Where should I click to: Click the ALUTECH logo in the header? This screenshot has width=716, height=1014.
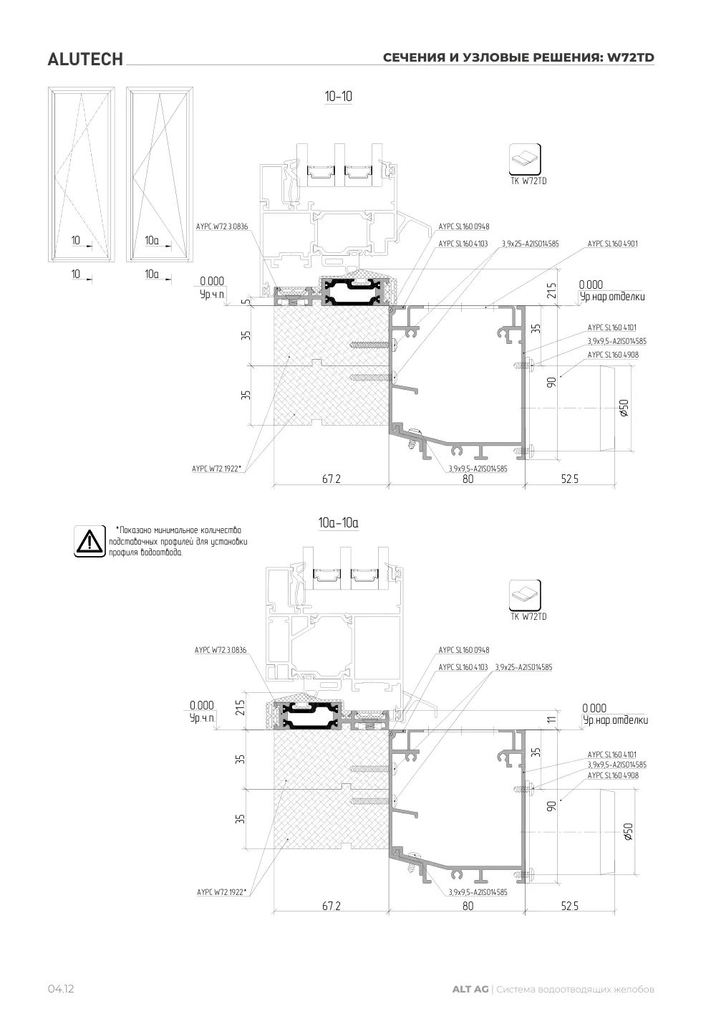point(85,59)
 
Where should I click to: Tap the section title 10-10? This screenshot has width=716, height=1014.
point(339,97)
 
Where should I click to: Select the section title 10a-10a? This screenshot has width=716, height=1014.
point(339,523)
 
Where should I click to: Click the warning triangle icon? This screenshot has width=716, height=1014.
point(89,541)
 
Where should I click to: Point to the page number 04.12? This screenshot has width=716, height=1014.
point(61,989)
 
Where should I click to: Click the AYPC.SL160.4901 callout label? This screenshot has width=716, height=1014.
point(612,244)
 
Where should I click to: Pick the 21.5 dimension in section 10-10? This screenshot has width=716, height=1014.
point(551,290)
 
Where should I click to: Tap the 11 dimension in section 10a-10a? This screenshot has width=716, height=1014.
point(551,719)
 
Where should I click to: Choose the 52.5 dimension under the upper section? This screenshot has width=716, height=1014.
point(569,479)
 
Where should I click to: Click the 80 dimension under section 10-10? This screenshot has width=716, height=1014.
point(468,479)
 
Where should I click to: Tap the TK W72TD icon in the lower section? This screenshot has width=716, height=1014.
point(525,595)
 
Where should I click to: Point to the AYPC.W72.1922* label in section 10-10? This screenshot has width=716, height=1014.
point(216,469)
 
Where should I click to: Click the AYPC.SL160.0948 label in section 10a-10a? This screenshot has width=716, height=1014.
point(464,650)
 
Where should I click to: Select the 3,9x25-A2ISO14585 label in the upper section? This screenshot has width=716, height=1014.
point(530,244)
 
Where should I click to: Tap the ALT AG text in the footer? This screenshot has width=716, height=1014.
point(470,989)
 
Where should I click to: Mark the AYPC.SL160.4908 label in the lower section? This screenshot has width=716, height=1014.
point(613,775)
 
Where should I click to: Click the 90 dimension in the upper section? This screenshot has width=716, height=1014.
point(551,382)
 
